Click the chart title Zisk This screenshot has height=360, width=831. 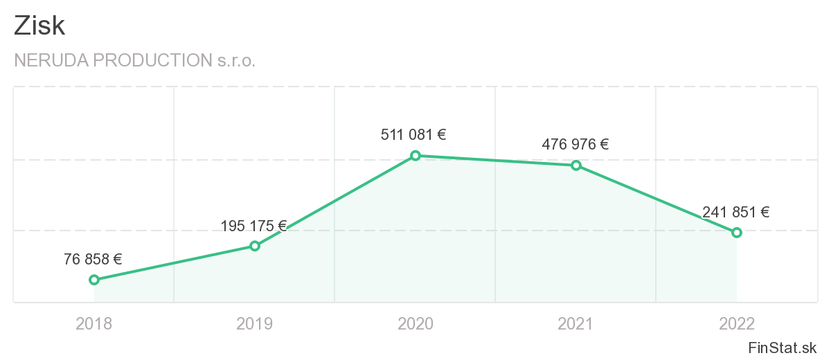[39, 26]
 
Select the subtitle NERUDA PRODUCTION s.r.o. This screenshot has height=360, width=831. [134, 60]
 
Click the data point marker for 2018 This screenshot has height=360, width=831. [94, 280]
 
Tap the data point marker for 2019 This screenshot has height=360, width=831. [255, 246]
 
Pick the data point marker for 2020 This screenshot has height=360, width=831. [415, 156]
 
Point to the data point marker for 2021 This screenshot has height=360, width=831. [575, 165]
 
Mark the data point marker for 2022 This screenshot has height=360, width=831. [737, 233]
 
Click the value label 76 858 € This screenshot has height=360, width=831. [93, 260]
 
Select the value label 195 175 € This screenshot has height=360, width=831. [253, 226]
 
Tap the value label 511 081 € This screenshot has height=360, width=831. [413, 135]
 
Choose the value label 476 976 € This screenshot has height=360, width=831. [575, 145]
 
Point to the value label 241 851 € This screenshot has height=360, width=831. [735, 213]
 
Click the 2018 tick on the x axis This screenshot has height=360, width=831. [94, 323]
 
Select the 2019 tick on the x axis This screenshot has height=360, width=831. [255, 323]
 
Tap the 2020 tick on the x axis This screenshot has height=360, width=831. [415, 323]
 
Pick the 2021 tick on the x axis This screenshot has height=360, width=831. [575, 323]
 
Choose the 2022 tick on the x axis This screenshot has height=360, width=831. [737, 323]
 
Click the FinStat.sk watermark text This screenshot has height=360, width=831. [783, 348]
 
